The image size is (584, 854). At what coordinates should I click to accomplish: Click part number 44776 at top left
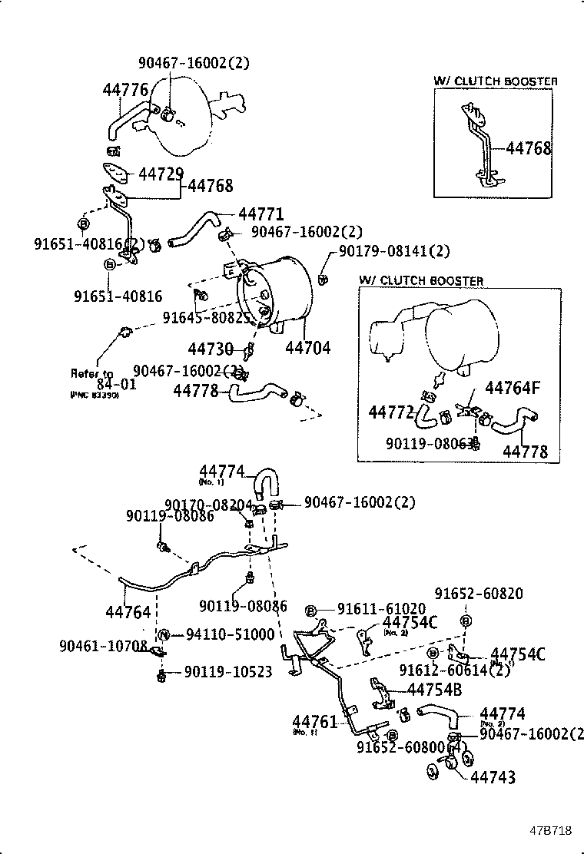coord(125,91)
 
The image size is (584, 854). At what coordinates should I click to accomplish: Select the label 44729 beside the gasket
coord(161,174)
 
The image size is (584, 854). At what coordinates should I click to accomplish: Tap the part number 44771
coord(261,214)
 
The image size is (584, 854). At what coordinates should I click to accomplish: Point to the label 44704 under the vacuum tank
coord(307,348)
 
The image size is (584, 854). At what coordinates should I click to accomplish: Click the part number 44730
coord(210,349)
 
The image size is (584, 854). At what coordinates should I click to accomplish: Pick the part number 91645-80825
coord(206,316)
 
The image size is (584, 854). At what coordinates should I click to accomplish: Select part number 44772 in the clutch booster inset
coord(391,413)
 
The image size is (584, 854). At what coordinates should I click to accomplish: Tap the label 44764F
coord(513,388)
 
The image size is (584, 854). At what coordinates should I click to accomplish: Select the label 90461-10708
coord(103,646)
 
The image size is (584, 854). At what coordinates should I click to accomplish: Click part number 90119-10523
coord(228,672)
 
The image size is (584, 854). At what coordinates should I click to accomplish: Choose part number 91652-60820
coord(479,594)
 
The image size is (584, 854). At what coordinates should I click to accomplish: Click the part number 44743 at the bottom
coord(493,778)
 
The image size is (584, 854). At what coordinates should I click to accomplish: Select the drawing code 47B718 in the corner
coord(549,831)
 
